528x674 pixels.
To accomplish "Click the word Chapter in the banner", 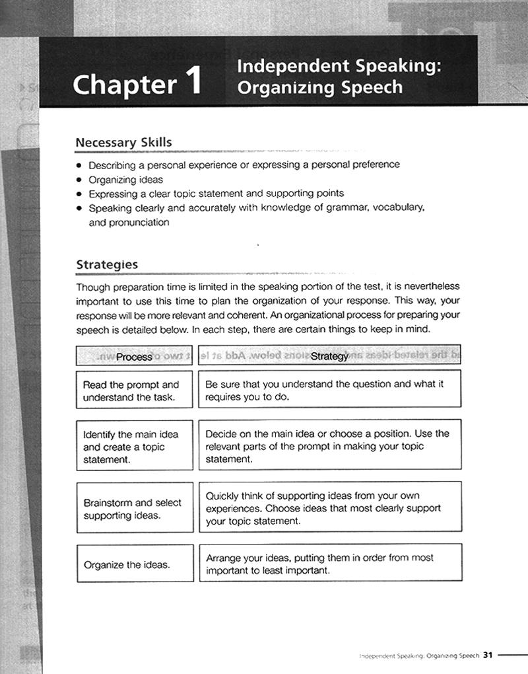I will [x=125, y=85].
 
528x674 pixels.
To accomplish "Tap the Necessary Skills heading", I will [x=123, y=143].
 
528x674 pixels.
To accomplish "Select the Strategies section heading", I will [x=107, y=264].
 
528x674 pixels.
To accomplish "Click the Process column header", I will [x=134, y=356].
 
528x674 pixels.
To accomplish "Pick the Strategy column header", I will [x=329, y=356].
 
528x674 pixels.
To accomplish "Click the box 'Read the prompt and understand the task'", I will [x=134, y=391].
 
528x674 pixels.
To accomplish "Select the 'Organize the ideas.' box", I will [x=134, y=564].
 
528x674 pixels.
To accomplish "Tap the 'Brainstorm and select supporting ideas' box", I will [x=134, y=508].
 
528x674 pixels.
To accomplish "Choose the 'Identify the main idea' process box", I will [x=134, y=446].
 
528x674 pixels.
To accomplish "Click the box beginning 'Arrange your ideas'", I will [x=329, y=564].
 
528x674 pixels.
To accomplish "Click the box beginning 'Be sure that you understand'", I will [x=329, y=391].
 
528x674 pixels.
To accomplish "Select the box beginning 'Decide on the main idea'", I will [x=329, y=446].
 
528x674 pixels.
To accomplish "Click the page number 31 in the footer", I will [x=488, y=655].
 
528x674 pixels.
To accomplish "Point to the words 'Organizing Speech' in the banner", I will [x=319, y=88].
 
